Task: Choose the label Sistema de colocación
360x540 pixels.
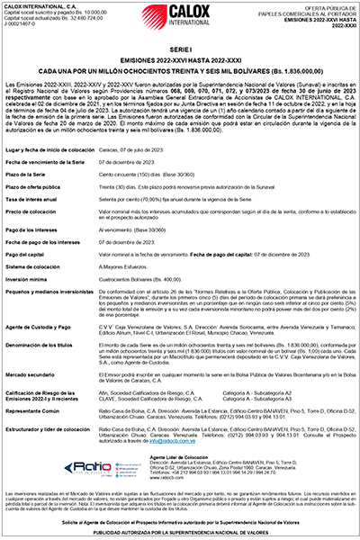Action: click(37, 268)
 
